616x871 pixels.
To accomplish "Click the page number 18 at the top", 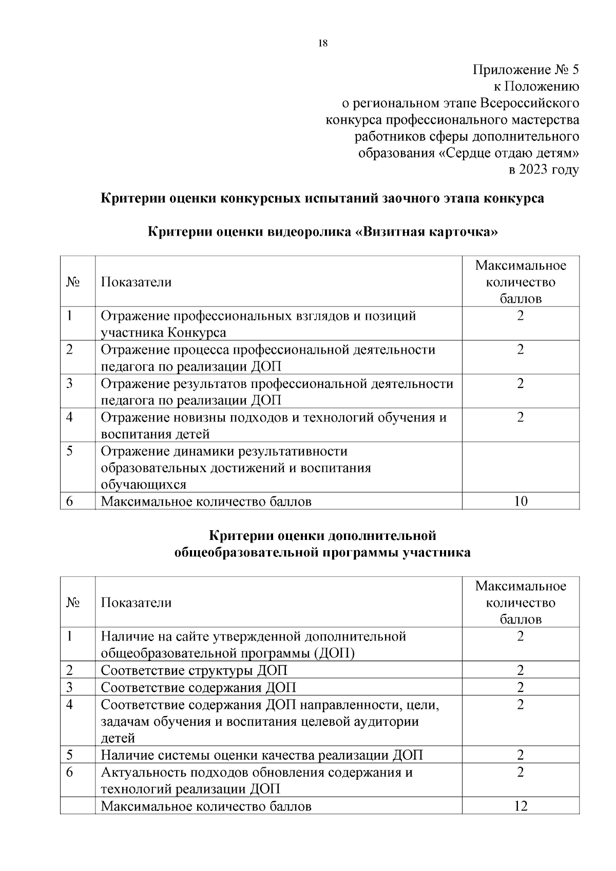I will (322, 44).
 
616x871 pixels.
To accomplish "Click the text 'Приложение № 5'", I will (526, 70).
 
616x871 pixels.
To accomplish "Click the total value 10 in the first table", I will (521, 501).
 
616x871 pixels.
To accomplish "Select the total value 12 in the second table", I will (521, 806).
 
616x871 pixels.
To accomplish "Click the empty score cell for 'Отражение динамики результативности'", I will (521, 467).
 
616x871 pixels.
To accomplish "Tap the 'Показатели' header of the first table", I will (136, 282).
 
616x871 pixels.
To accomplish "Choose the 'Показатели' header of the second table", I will (136, 603).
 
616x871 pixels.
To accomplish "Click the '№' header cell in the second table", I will (73, 603).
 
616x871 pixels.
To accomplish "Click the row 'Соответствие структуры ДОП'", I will (194, 670).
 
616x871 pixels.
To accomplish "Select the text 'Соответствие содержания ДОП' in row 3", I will (198, 687).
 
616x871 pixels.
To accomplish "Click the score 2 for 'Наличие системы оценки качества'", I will (521, 755).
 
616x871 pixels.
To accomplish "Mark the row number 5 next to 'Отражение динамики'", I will (70, 451).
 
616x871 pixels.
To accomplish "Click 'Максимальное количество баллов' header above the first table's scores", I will (521, 282).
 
